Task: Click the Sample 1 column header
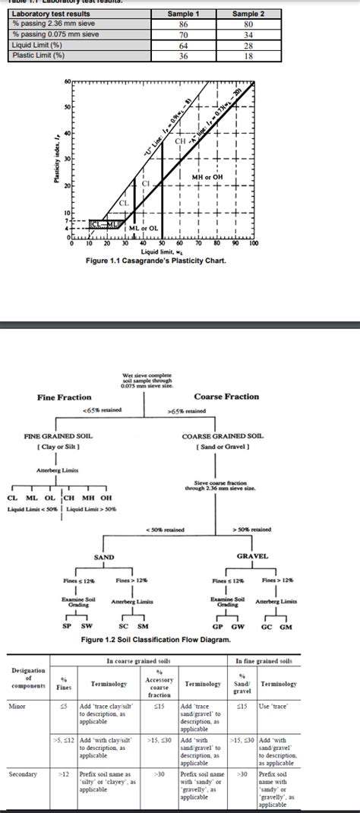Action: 182,14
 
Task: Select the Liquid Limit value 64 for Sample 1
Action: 182,46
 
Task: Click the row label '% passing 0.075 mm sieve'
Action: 46,35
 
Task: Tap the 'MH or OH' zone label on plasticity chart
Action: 207,178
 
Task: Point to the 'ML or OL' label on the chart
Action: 143,228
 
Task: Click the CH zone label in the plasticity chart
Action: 181,141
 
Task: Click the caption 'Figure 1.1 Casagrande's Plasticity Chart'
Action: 156,261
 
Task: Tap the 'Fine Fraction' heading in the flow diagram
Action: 64,397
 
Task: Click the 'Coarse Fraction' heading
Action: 226,397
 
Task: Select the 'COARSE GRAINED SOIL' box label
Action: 223,436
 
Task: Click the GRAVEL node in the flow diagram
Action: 252,556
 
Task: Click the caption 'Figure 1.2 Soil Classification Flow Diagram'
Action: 156,640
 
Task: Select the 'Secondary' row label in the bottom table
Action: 22,774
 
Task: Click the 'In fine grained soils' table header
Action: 264,661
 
